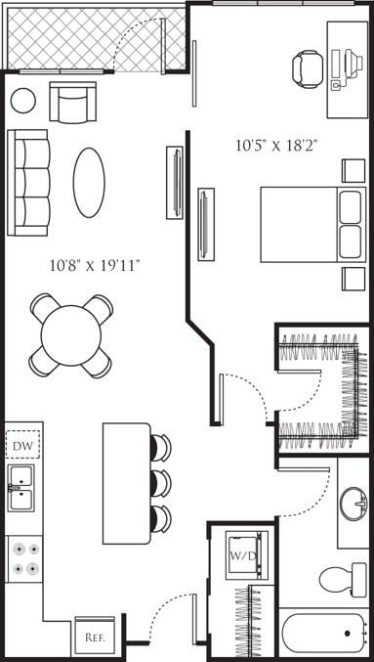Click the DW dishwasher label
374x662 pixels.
[23, 446]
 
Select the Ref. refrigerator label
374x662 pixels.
[95, 637]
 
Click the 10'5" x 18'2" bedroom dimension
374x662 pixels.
[276, 146]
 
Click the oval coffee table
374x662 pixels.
[89, 183]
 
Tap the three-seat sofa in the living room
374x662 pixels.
[28, 183]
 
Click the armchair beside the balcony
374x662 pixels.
[73, 103]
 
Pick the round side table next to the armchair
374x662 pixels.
[22, 100]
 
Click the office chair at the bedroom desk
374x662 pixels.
[308, 68]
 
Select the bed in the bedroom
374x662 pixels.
[312, 224]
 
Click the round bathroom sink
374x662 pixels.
[353, 505]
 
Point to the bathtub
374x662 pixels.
[322, 636]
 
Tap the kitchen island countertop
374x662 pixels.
[127, 483]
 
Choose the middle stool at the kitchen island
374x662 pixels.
[160, 483]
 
